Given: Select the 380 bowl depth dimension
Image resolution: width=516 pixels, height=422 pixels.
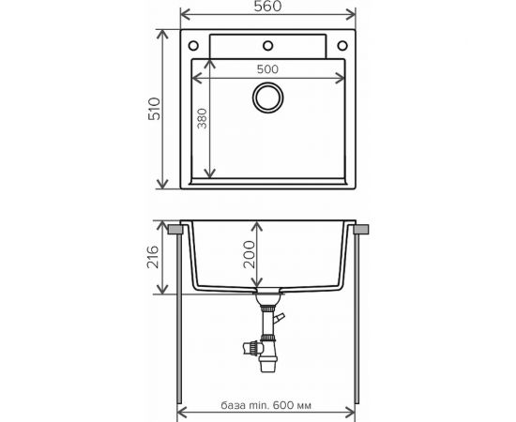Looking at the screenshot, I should (200, 120).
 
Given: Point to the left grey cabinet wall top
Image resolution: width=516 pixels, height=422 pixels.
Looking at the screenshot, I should (175, 228).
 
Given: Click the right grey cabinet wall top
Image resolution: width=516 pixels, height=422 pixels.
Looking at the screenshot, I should (360, 228).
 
